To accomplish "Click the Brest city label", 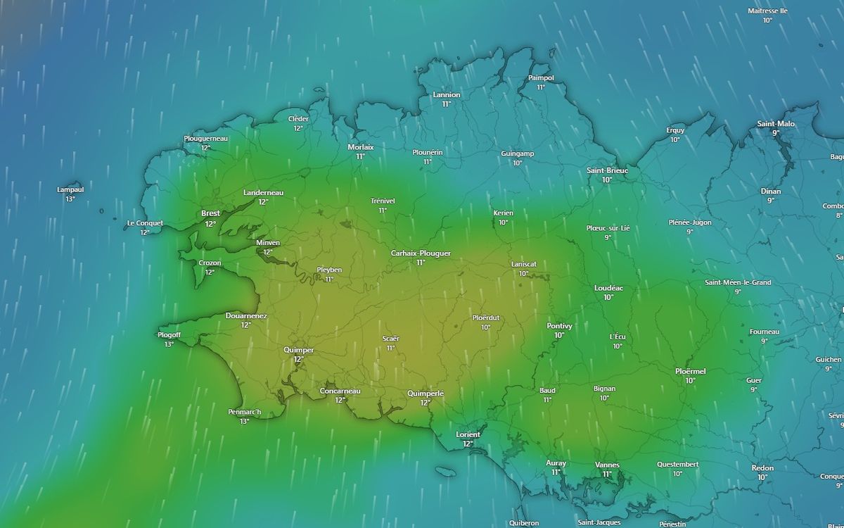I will click(x=210, y=213).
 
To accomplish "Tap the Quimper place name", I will click(x=298, y=350).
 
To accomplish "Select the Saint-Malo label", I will click(x=776, y=124).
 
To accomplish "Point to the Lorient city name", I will click(x=468, y=434).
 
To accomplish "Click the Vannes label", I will click(x=607, y=465).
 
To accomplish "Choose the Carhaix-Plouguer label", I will click(x=421, y=253).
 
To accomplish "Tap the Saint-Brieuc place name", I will click(x=607, y=170).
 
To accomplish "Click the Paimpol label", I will click(x=541, y=78).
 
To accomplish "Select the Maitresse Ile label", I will click(x=767, y=11).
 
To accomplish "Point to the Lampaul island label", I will click(x=70, y=189).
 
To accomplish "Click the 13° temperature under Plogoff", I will click(x=170, y=344).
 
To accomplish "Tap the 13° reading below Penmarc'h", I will click(x=244, y=421).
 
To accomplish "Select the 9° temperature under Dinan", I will click(x=771, y=201).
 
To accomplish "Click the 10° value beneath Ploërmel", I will click(x=690, y=380).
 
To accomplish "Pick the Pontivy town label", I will click(x=559, y=326).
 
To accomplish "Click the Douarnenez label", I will click(x=246, y=316).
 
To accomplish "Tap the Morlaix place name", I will click(x=361, y=147).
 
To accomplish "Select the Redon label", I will click(x=762, y=468).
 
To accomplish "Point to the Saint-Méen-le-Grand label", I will click(x=738, y=282).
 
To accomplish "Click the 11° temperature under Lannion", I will click(x=447, y=103).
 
